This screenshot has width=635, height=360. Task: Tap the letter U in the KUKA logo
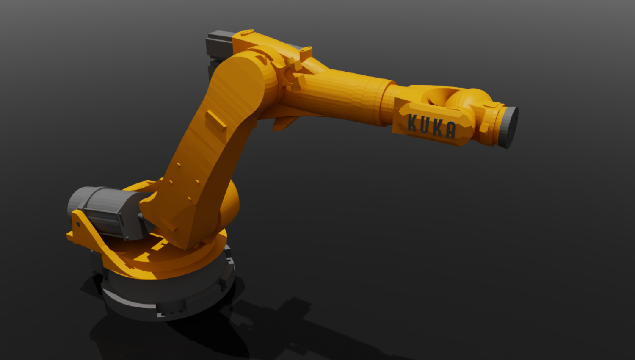425,125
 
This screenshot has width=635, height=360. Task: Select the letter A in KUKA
450,130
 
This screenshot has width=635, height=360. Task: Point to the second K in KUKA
437,128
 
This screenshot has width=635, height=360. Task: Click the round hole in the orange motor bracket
78,224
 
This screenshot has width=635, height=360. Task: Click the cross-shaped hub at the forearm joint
291,75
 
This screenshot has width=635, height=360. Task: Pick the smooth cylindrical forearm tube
339,95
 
